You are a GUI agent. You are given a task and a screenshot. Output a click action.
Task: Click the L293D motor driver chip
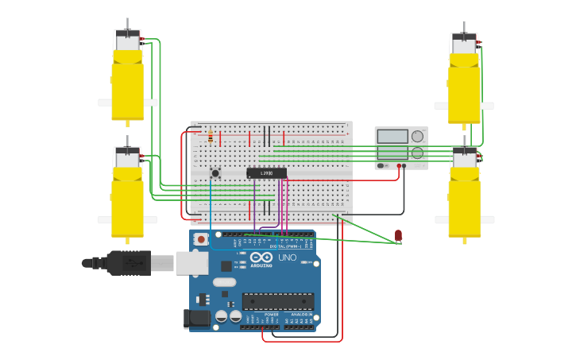266,173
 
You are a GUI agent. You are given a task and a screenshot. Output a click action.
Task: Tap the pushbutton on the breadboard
215,172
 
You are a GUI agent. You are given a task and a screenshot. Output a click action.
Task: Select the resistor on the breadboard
210,137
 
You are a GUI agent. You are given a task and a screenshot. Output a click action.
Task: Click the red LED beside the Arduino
398,234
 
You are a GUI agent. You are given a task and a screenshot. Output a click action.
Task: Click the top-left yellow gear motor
127,79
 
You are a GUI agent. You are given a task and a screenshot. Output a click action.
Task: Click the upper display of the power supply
392,136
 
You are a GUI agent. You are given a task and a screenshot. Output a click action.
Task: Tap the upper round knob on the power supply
417,136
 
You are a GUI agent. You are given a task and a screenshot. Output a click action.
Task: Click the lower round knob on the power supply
417,153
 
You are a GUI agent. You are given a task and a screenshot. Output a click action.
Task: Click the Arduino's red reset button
201,239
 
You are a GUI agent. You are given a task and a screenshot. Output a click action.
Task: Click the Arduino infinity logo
261,257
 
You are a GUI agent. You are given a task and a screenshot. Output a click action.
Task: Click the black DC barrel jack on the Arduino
197,318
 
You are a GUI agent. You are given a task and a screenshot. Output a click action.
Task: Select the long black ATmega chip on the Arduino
278,301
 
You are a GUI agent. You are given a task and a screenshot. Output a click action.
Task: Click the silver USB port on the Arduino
191,262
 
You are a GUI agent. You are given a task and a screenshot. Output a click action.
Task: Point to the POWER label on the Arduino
272,315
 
